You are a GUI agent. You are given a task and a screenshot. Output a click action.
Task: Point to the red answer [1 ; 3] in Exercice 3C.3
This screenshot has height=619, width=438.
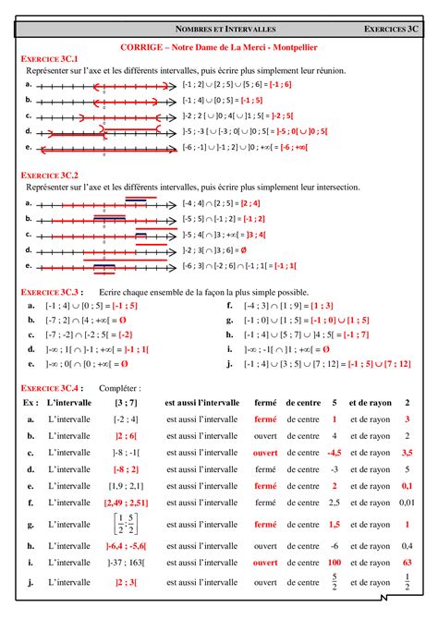322,304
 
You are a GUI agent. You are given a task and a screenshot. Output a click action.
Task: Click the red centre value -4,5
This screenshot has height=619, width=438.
335,453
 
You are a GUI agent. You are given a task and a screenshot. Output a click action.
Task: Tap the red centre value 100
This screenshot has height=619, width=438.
335,561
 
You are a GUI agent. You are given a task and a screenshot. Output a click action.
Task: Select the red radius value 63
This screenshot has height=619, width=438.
407,561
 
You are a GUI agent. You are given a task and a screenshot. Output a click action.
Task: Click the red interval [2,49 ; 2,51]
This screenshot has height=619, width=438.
126,502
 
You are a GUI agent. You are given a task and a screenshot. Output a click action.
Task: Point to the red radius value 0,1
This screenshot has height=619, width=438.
407,485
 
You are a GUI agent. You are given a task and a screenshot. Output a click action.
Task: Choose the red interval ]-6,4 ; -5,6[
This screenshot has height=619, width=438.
126,545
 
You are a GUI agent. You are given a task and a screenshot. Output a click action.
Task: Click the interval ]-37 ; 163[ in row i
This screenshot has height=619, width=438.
126,561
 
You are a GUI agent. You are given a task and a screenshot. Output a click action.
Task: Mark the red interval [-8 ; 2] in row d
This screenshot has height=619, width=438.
126,469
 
